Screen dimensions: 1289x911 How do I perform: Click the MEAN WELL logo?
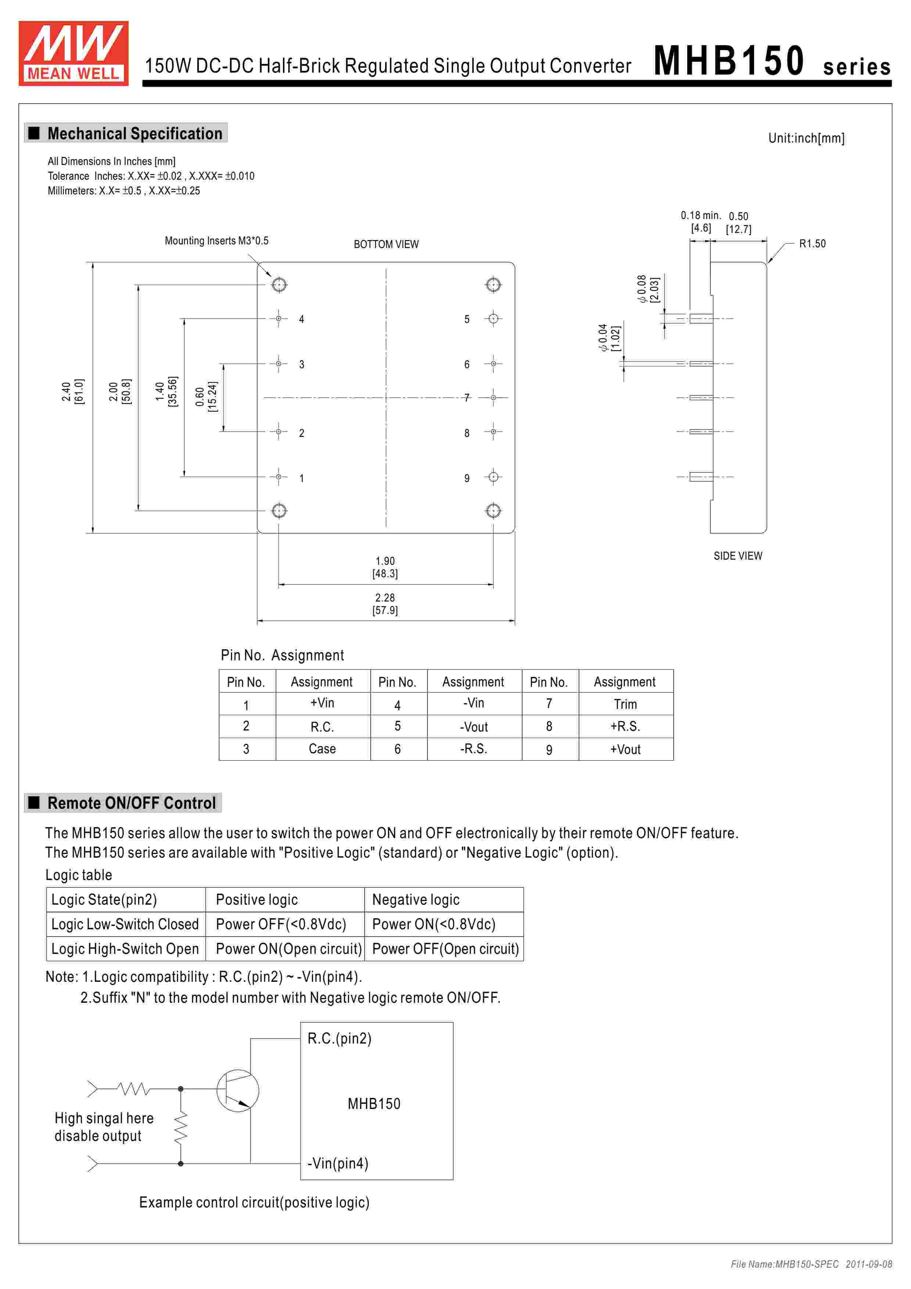[73, 53]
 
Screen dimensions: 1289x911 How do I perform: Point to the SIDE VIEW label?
[738, 556]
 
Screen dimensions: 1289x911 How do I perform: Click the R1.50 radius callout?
[812, 244]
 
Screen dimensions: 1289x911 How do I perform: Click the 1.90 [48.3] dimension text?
[385, 567]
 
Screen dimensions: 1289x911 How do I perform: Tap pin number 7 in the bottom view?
[466, 398]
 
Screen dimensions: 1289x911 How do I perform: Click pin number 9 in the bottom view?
[466, 478]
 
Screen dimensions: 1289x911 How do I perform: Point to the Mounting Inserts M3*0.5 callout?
[217, 241]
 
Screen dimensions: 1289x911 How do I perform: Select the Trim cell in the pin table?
[625, 704]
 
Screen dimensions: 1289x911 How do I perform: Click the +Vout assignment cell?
[625, 750]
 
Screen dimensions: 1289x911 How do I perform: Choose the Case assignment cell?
[322, 749]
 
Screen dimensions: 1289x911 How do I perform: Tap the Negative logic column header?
[416, 900]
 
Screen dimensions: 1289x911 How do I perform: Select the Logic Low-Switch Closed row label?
[125, 924]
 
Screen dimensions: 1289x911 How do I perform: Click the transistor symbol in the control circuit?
[237, 1090]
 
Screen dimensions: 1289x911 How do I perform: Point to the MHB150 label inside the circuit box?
[374, 1104]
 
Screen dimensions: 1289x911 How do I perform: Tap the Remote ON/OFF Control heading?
[131, 803]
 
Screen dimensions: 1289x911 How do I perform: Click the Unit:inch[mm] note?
[806, 138]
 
